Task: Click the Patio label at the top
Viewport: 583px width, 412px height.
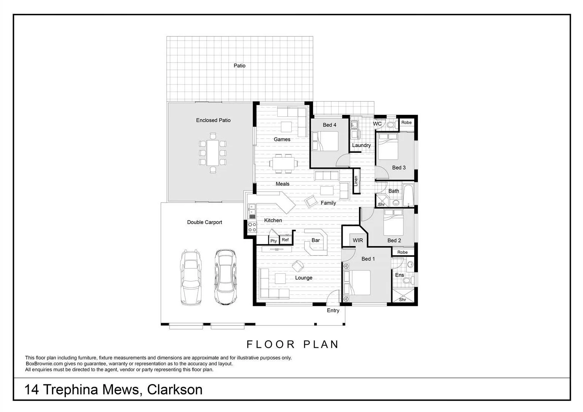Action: pos(240,66)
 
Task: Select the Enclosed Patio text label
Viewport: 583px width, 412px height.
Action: pos(213,120)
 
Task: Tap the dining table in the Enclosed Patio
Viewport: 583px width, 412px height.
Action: pos(212,152)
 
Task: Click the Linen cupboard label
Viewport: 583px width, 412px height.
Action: pos(356,181)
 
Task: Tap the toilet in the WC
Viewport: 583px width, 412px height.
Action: pos(391,124)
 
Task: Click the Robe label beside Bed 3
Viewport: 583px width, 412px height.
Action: pos(407,123)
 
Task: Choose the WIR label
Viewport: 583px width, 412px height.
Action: pos(358,240)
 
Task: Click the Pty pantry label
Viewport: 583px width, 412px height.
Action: pos(274,241)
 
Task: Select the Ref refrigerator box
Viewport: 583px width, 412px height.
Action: pos(285,240)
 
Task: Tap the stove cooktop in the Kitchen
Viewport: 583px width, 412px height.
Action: pos(252,227)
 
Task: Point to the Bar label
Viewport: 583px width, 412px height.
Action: pos(315,240)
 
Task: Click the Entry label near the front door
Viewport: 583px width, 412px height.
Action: pos(333,311)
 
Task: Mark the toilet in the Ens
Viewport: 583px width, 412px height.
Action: pos(407,281)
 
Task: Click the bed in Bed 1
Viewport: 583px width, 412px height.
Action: pos(358,283)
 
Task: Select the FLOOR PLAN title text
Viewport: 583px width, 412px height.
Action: pos(292,345)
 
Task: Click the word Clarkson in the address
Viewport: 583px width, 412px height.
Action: pos(175,390)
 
